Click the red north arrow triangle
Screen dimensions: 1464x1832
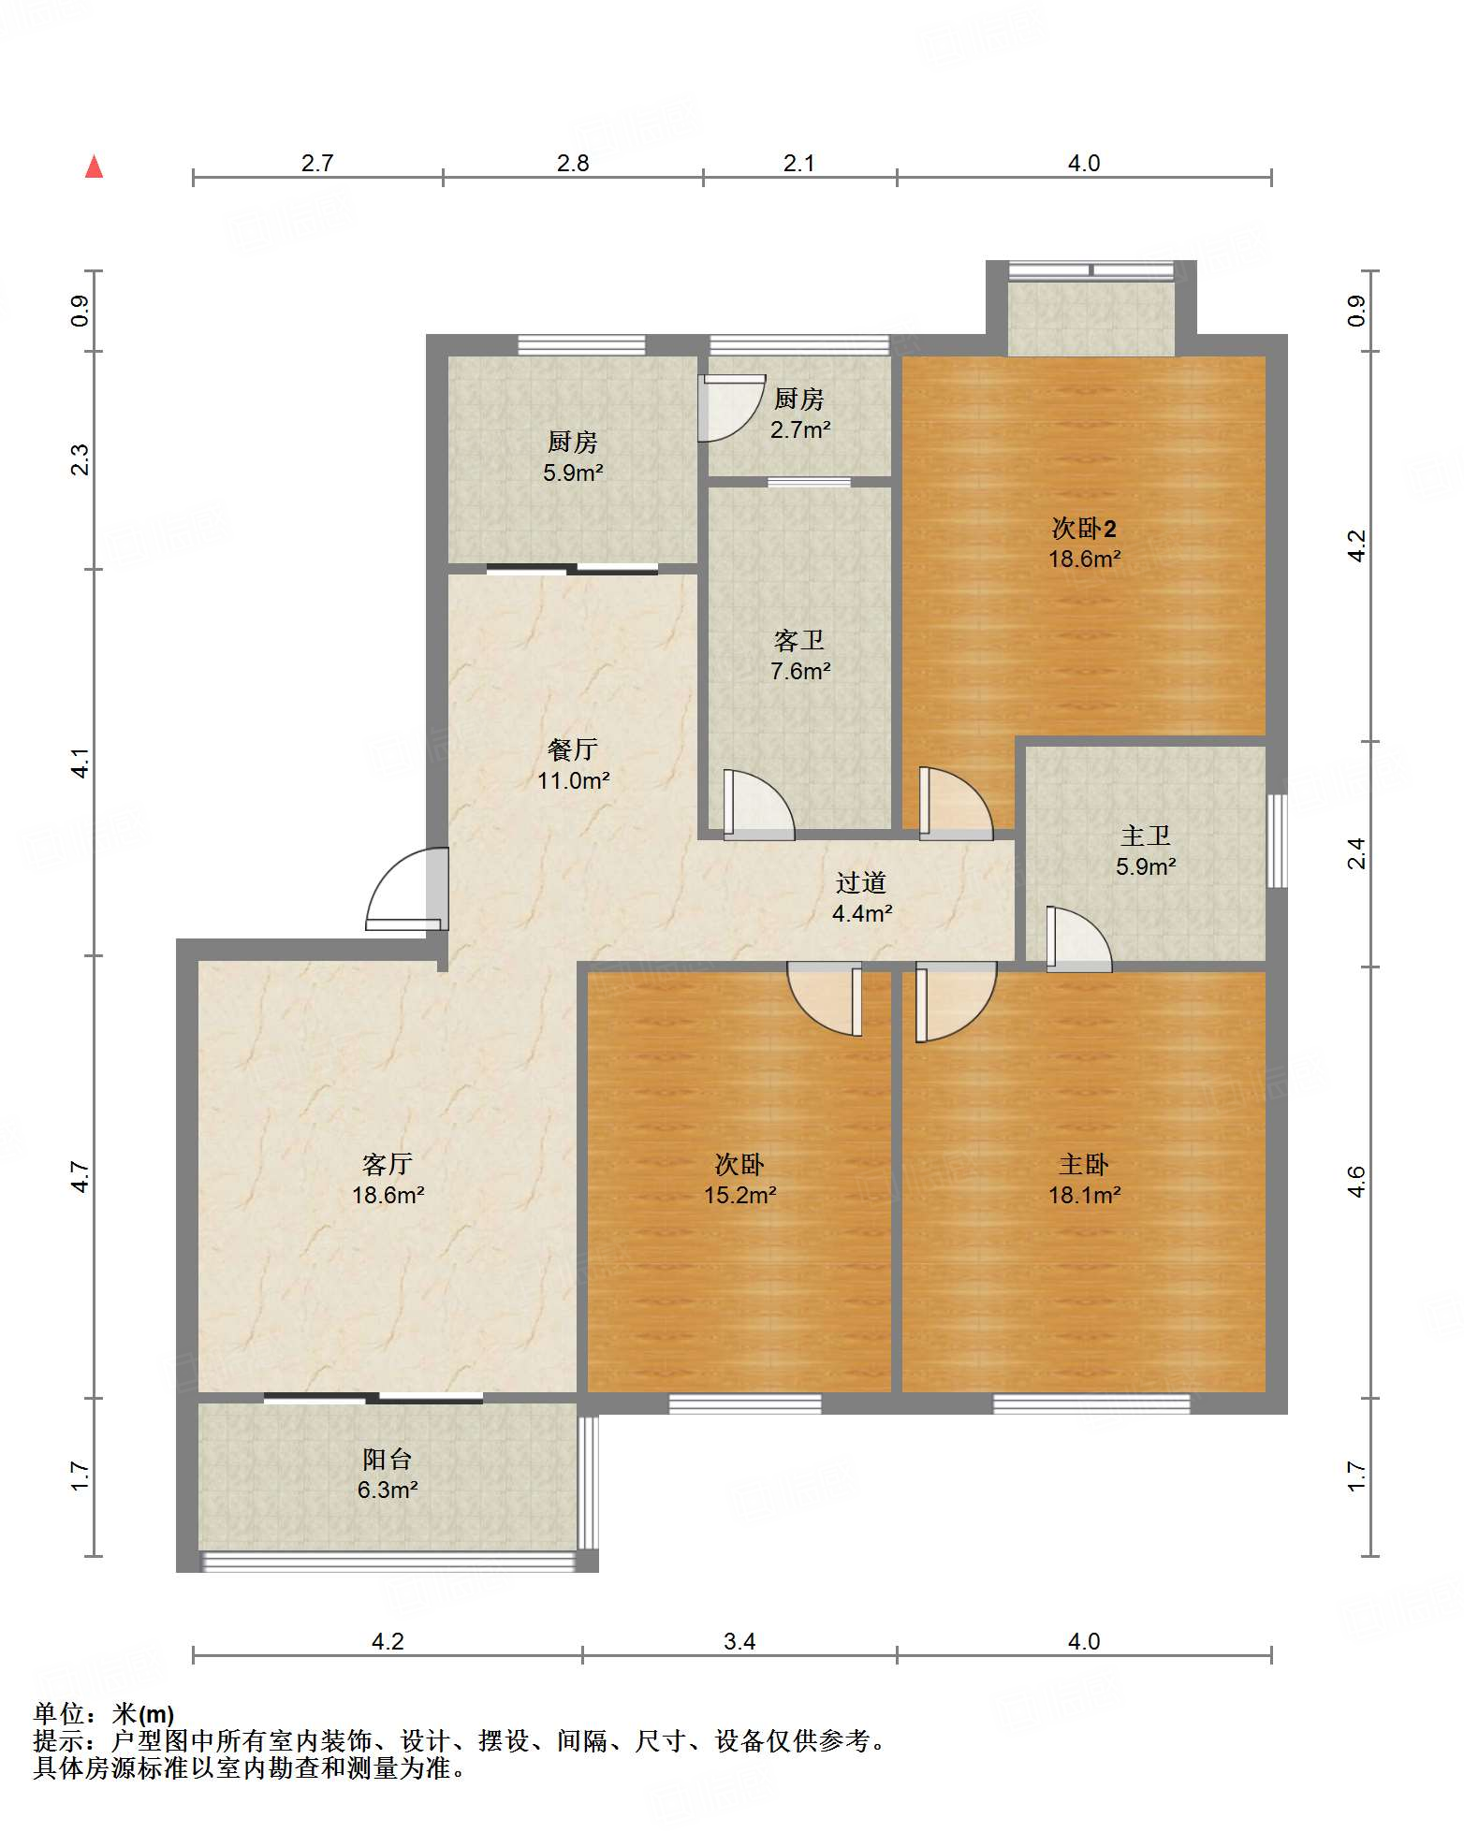click(94, 167)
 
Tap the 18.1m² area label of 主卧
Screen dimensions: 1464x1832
click(1084, 1195)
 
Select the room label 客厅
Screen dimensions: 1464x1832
click(388, 1164)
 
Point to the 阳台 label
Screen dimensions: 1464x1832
click(388, 1459)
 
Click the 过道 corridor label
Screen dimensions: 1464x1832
click(861, 882)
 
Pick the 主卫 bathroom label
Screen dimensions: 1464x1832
click(1146, 836)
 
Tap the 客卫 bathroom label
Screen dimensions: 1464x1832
click(799, 641)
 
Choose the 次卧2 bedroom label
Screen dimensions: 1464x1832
click(1084, 529)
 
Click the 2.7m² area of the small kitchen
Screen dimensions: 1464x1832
click(800, 429)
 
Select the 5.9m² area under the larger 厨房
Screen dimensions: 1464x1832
click(573, 473)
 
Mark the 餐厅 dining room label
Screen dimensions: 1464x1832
click(573, 749)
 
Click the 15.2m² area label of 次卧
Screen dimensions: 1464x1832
click(739, 1195)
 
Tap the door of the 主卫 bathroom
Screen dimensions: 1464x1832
click(1078, 938)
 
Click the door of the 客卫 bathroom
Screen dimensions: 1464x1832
click(758, 805)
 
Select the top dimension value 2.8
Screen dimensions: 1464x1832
click(573, 164)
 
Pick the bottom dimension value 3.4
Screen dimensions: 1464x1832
click(739, 1642)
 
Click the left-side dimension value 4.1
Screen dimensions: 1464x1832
click(81, 763)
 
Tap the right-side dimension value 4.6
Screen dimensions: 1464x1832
click(1357, 1182)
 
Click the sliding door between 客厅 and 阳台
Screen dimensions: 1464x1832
click(373, 1399)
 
